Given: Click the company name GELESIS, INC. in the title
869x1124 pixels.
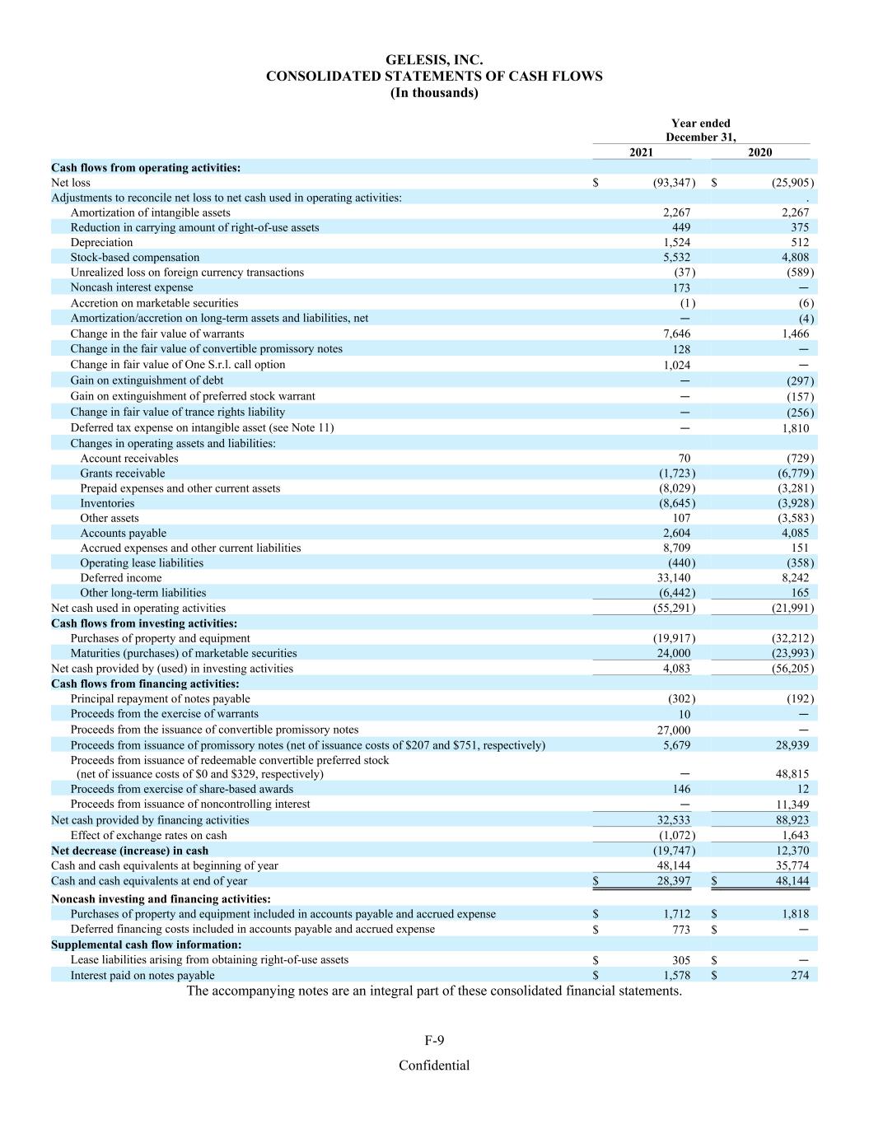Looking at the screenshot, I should point(434,59).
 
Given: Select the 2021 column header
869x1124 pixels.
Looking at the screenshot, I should point(642,152).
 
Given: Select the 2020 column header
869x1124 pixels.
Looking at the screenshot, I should point(759,152).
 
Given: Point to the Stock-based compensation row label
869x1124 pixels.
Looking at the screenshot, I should point(135,258).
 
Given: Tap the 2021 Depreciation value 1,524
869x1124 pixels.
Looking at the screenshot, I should point(676,243).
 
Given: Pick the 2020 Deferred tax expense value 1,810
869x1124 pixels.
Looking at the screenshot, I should point(795,428).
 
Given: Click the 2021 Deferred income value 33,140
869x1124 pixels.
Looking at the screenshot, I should point(674,578).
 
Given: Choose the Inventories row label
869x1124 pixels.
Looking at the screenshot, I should point(107,503).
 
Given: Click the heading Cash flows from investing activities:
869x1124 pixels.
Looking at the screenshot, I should point(144,623).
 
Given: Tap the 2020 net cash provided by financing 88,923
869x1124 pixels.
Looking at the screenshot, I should point(792,820).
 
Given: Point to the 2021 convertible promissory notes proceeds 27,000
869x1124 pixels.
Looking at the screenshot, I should point(673,730).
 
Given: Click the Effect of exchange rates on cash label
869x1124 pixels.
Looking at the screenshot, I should point(148,835).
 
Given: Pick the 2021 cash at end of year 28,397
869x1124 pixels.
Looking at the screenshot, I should point(673,881).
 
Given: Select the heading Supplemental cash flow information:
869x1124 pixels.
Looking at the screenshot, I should point(147,944).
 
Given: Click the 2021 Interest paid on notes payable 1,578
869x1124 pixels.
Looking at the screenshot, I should point(676,976).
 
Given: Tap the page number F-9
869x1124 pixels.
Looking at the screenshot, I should point(434,1041).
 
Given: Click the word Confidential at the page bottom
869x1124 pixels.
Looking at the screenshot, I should point(434,1066).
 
